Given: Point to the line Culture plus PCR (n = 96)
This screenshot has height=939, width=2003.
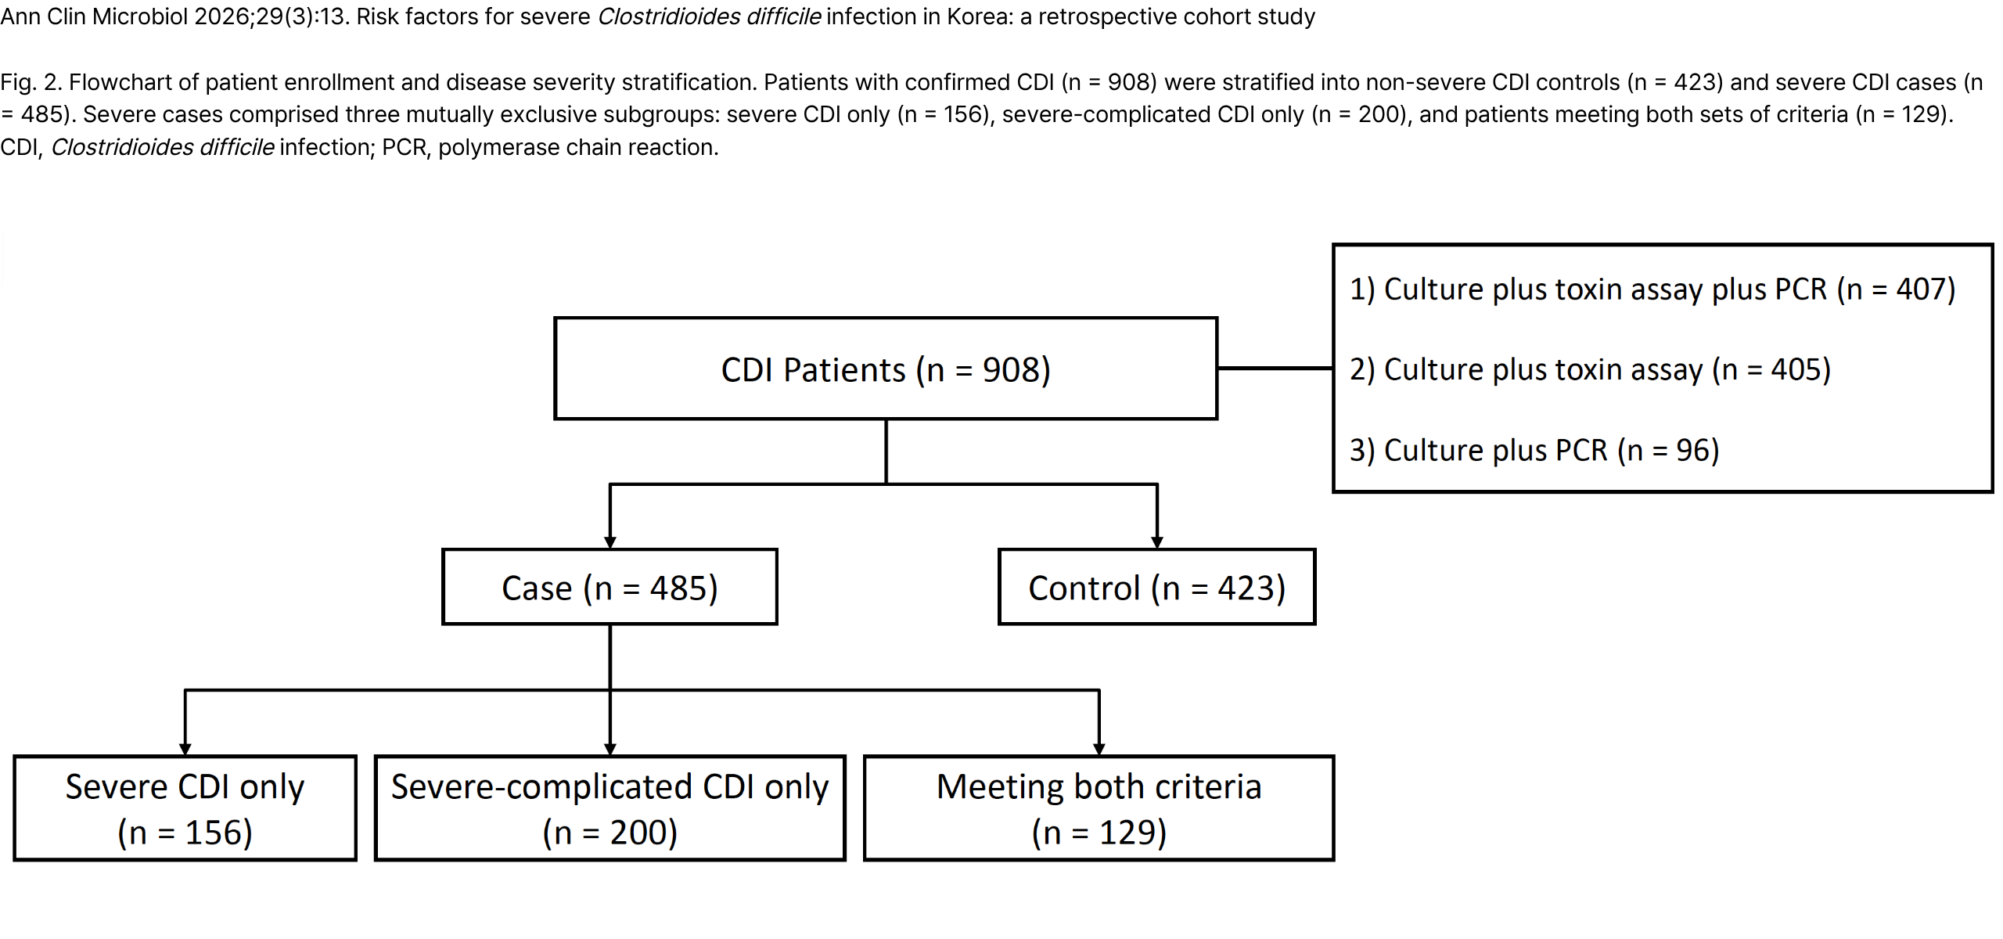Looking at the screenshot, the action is tap(1534, 451).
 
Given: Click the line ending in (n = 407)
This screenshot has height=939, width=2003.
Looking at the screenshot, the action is tap(1652, 290).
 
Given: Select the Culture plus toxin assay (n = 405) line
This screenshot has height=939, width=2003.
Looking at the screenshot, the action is tap(1591, 369).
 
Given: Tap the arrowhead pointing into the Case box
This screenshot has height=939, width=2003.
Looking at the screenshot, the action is tap(610, 542).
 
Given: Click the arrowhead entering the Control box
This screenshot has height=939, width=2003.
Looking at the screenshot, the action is tap(1157, 542).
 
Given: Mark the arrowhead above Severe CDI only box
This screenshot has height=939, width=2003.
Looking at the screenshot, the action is tap(185, 749).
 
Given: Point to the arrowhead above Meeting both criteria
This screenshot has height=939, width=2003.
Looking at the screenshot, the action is tap(1099, 749).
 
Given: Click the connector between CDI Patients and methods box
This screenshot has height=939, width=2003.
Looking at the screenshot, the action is tap(1275, 368).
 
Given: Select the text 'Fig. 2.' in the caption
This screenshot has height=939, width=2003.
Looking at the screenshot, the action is tap(31, 82).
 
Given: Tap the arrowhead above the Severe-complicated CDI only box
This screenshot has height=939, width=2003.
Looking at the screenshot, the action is tap(610, 749).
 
